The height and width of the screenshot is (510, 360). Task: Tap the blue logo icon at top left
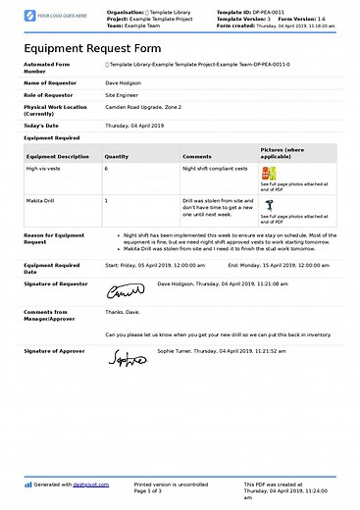30,16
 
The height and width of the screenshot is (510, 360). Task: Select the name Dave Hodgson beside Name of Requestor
124,84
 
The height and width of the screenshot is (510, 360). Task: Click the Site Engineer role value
123,95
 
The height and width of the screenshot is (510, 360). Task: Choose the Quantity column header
117,155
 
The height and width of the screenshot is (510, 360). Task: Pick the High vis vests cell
44,168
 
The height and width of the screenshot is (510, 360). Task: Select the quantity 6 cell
107,168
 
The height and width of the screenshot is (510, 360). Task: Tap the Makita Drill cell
42,200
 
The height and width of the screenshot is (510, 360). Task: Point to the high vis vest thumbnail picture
269,173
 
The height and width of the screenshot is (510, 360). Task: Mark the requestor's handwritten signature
125,291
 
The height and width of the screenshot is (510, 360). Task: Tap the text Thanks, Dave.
124,312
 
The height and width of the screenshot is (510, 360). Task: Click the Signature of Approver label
55,349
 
